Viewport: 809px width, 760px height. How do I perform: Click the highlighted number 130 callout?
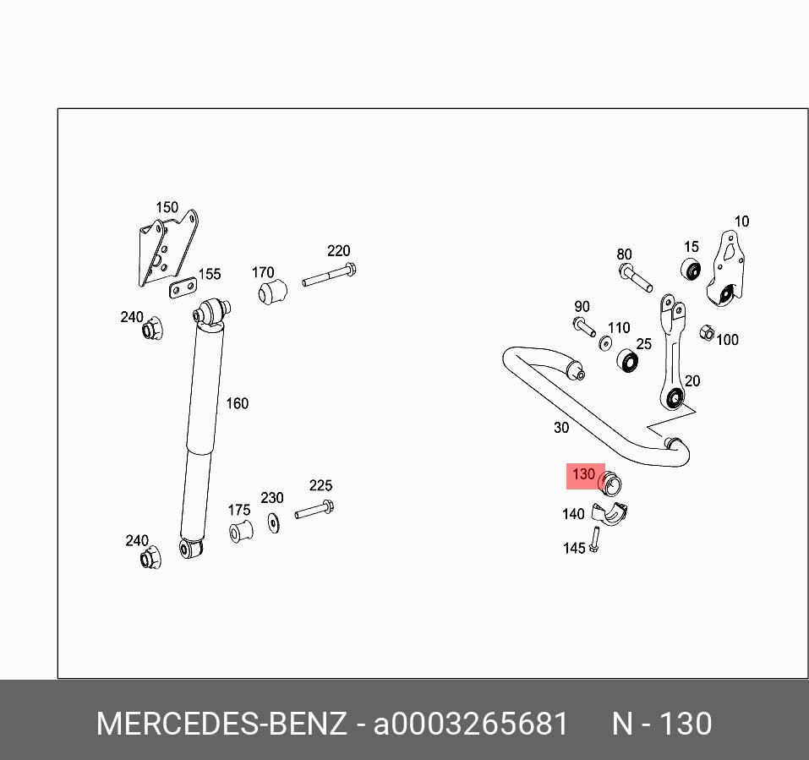(584, 475)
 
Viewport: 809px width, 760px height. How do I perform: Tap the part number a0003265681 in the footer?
(471, 724)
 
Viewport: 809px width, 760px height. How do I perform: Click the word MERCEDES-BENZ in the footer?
(221, 724)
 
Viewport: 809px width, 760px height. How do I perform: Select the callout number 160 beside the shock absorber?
(237, 403)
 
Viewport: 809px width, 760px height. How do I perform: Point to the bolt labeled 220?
(328, 275)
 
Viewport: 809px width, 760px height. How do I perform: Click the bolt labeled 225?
(314, 511)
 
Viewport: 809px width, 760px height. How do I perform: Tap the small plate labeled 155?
(182, 290)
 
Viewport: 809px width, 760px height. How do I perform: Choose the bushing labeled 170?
(272, 293)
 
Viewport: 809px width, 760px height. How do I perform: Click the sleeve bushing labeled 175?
(241, 532)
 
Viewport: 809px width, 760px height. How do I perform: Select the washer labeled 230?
(274, 522)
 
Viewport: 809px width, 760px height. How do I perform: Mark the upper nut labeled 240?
(152, 328)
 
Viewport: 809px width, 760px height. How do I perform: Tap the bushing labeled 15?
(691, 271)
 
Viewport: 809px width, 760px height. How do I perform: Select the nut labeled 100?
(708, 333)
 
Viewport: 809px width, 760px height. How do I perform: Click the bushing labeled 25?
(627, 362)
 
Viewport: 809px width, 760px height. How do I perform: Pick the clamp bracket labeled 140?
(610, 512)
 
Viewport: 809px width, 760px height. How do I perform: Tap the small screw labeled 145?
(595, 539)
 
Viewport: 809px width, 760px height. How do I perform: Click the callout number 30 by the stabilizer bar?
(561, 428)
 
